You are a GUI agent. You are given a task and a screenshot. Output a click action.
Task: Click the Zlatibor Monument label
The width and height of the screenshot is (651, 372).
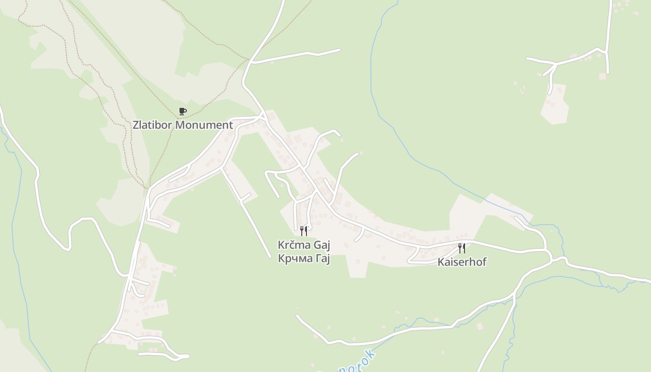183,125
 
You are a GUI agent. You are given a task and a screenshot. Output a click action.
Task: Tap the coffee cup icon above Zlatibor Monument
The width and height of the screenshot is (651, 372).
183,112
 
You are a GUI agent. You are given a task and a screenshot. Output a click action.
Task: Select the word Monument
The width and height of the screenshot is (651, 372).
208,125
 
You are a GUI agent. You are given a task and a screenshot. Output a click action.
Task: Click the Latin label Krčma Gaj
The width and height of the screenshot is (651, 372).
304,245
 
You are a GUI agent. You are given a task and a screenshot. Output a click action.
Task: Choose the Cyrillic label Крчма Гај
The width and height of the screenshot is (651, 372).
304,259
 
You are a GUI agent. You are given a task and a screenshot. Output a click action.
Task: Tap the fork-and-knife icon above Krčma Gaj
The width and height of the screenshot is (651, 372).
304,231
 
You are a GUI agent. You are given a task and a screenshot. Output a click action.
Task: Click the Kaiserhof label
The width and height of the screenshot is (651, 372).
462,262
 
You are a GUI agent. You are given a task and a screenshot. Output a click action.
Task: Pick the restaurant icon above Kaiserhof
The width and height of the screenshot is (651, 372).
462,248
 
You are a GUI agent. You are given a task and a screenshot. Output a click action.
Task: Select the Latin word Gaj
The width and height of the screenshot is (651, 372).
322,245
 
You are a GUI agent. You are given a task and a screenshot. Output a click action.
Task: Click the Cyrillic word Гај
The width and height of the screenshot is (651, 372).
322,259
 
